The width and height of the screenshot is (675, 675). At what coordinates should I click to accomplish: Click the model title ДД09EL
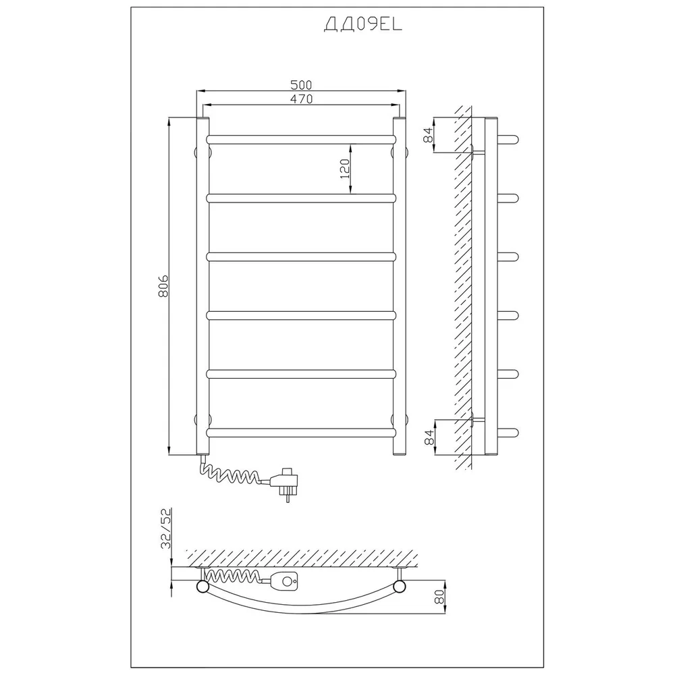point(362,25)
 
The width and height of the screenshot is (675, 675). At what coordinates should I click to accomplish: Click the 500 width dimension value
point(301,85)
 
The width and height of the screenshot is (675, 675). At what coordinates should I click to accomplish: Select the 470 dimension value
point(301,99)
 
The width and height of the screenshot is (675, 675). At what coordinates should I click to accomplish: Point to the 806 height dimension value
point(163,286)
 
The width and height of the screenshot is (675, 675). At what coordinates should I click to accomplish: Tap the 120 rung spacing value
point(345,169)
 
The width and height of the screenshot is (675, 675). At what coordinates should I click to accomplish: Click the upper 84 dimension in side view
point(428,135)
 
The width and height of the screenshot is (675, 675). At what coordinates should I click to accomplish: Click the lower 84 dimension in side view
point(429,437)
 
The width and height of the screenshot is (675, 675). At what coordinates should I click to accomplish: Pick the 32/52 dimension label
point(166,529)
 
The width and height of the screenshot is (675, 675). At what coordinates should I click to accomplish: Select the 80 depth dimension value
point(439,597)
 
